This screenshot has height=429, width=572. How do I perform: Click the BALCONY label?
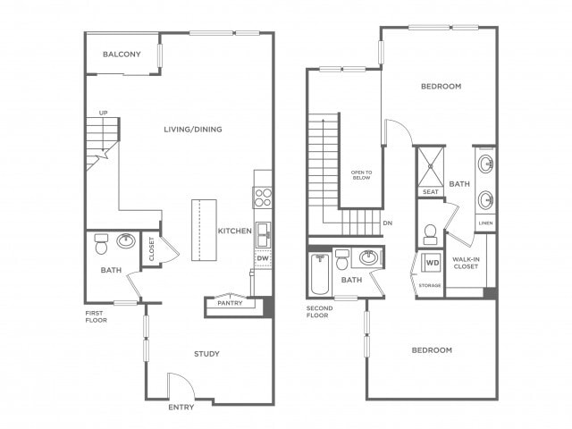(122, 55)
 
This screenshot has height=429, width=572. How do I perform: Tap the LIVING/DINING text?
(193, 129)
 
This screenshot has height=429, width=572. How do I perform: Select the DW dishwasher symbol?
(263, 258)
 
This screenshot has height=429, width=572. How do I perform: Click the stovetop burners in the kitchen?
(263, 198)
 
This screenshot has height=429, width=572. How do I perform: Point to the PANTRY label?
(230, 303)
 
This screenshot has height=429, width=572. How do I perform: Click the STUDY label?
(206, 354)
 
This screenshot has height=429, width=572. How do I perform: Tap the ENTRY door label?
(181, 408)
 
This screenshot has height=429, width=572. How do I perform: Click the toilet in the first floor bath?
(101, 244)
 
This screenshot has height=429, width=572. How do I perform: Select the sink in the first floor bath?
(126, 240)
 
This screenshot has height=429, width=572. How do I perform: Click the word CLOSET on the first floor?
(152, 249)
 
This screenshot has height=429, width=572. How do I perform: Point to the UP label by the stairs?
(104, 114)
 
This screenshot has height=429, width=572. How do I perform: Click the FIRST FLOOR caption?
(97, 316)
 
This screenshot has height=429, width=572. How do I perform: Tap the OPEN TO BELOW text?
(361, 175)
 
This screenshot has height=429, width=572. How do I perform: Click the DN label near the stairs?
(388, 223)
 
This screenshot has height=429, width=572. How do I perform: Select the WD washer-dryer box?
(433, 262)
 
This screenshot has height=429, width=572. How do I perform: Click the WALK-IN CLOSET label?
(466, 263)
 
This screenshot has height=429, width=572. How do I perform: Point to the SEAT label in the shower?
(431, 192)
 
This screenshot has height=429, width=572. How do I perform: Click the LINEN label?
(485, 223)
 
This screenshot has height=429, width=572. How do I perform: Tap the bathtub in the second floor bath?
(320, 274)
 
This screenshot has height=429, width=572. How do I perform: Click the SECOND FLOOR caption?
(320, 312)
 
